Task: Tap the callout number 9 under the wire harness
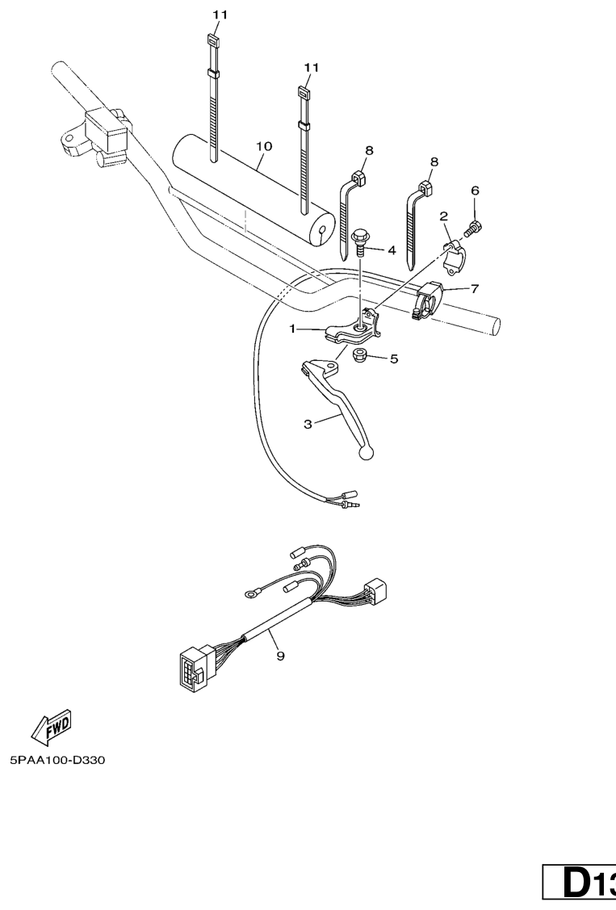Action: [280, 656]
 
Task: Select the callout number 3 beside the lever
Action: [308, 424]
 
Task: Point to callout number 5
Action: [394, 359]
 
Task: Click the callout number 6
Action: [475, 191]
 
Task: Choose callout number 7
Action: [475, 287]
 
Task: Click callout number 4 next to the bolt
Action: [392, 250]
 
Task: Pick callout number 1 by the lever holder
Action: [293, 329]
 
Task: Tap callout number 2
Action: [444, 216]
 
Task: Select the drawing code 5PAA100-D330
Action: [57, 761]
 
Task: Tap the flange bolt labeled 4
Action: [359, 243]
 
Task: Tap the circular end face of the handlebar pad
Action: [325, 233]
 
